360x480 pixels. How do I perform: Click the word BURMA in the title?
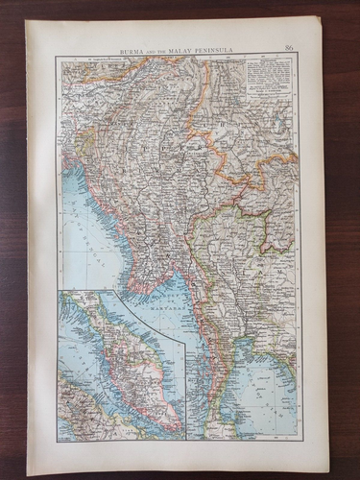click(x=132, y=47)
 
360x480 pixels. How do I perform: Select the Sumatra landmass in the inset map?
click(x=82, y=403)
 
